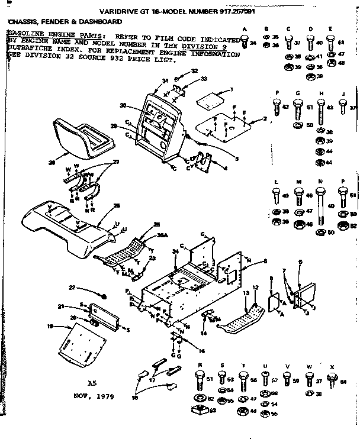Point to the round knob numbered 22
point(104,295)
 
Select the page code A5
point(91,382)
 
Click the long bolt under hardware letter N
point(320,204)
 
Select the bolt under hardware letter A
point(245,41)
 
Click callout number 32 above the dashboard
point(194,70)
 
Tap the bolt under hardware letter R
point(197,377)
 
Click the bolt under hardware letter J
point(343,106)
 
